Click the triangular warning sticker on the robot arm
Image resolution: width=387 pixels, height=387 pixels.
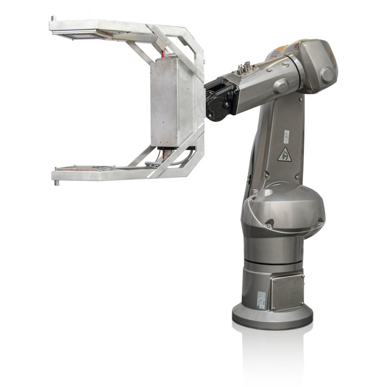point(284,154)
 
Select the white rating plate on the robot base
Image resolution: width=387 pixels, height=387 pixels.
point(261,299)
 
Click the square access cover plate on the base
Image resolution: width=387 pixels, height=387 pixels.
point(287,292)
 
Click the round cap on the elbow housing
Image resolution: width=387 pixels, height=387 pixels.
point(327,75)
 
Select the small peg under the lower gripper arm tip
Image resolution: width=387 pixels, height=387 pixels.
point(56,183)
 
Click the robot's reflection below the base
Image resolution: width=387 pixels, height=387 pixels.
point(272,348)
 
